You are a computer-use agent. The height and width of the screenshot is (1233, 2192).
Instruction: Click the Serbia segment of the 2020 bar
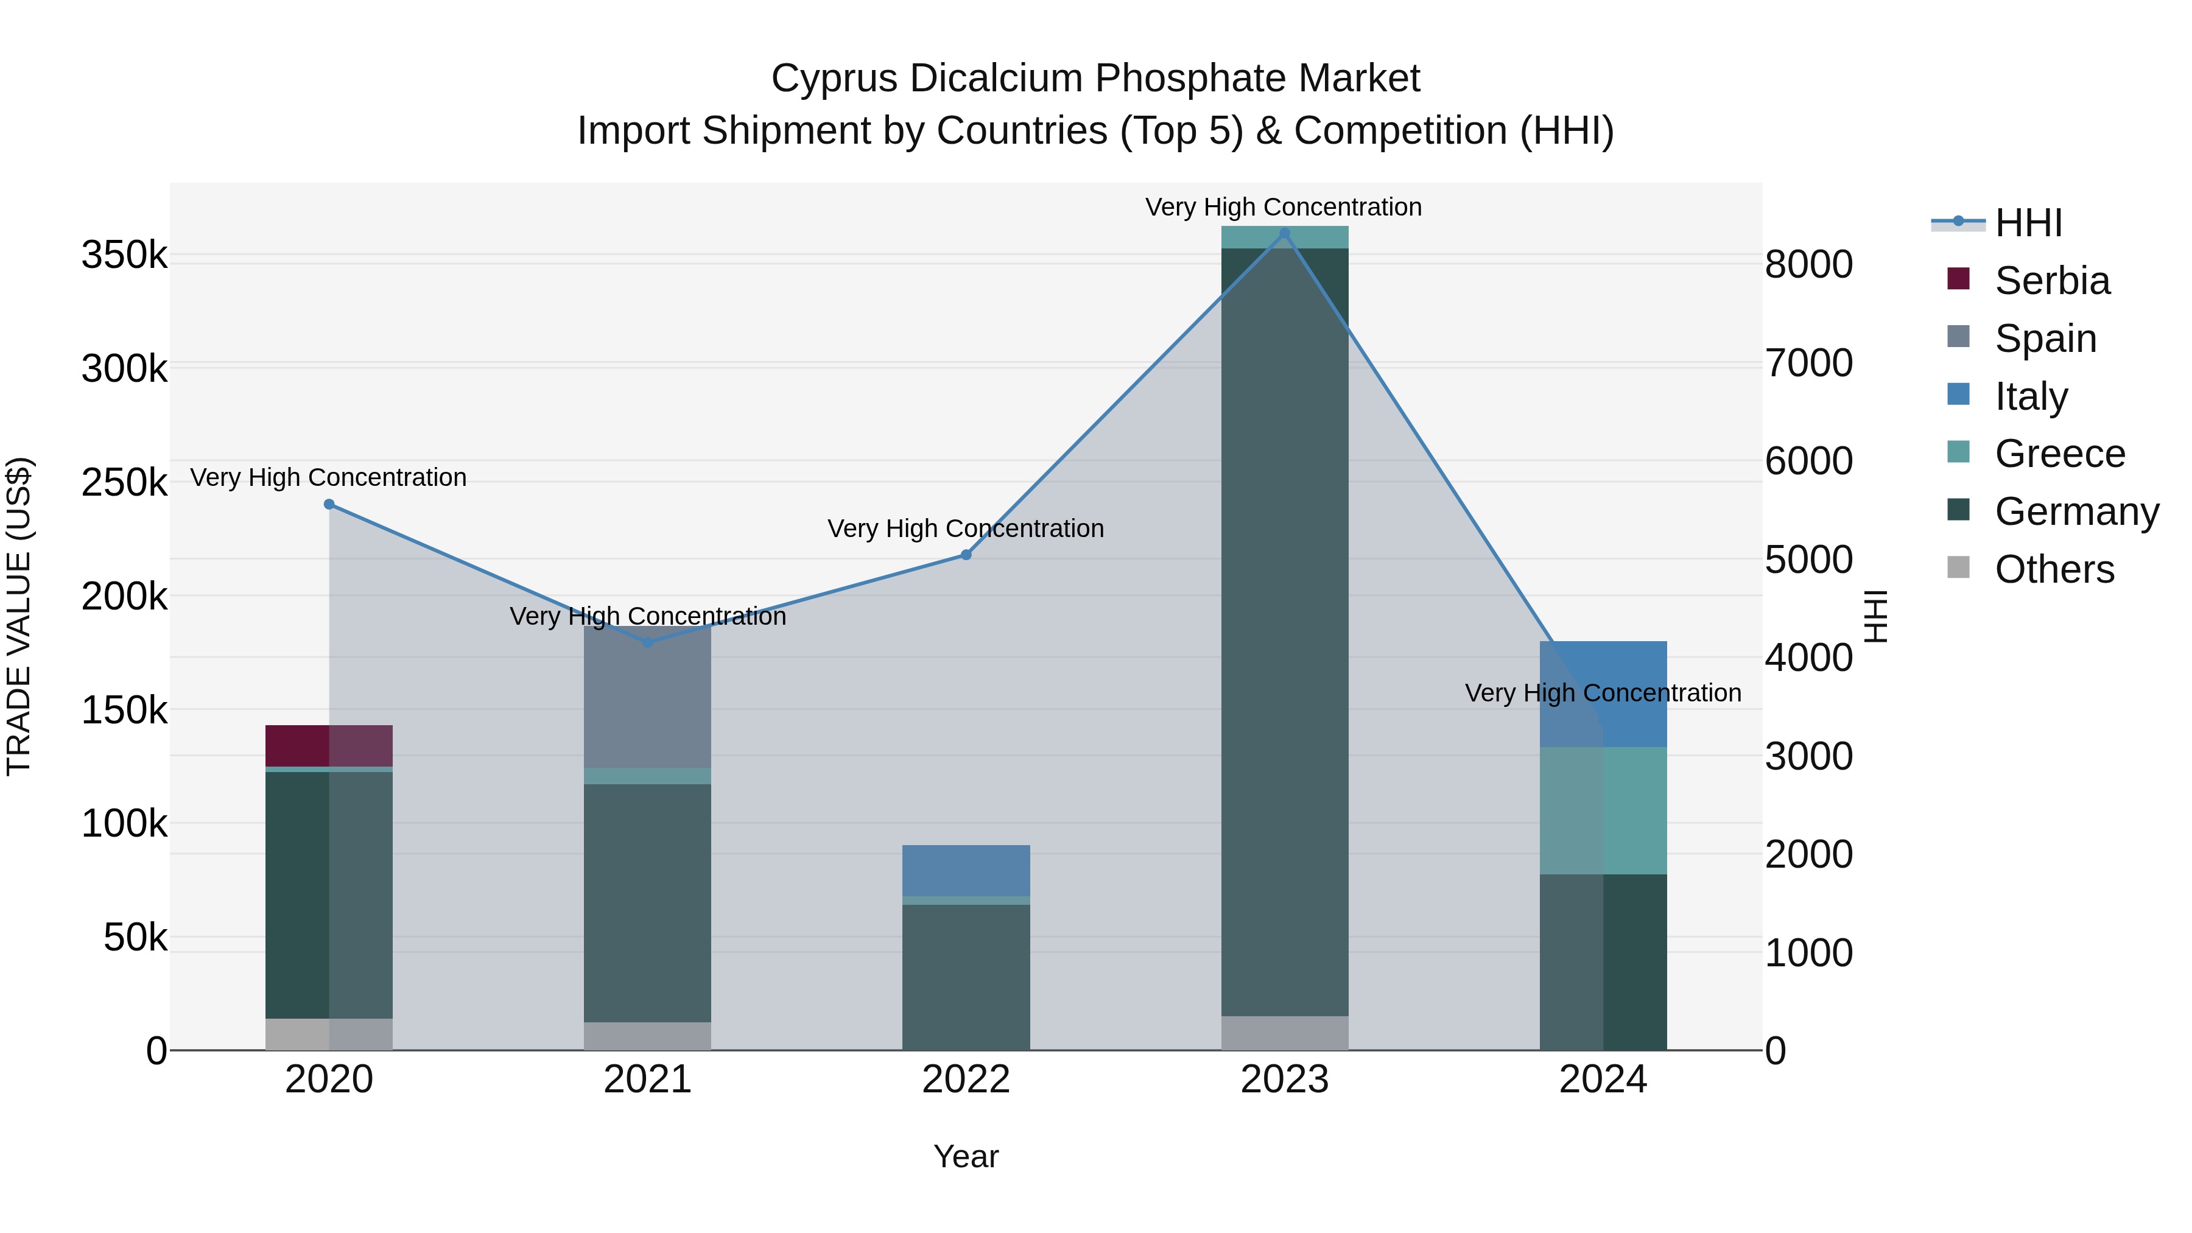coord(328,745)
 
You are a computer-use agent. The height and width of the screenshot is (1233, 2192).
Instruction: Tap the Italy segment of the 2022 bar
coord(966,869)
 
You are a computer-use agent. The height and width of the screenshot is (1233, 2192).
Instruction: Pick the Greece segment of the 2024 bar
coord(1603,810)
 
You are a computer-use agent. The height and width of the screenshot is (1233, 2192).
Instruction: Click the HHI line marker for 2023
coord(1285,233)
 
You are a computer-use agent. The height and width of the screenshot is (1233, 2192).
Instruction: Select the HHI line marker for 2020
coord(329,504)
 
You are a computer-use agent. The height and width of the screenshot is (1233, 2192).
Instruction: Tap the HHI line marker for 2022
coord(966,555)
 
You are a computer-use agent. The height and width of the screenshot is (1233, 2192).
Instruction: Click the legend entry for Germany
coord(2076,511)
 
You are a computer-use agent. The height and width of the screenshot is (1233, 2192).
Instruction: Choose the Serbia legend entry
coord(2051,281)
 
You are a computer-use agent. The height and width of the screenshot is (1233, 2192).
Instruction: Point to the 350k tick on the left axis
coord(124,255)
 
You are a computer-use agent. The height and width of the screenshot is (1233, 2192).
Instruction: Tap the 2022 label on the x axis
coord(966,1079)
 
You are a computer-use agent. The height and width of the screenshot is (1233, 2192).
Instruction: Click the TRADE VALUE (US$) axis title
coord(19,616)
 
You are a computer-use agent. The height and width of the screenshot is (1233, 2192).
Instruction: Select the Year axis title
coord(966,1156)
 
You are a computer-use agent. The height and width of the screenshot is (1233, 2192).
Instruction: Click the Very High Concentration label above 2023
coord(1283,207)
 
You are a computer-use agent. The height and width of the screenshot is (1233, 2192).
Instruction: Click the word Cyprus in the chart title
coord(834,79)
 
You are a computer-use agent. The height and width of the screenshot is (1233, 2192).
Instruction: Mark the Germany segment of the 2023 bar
coord(1284,630)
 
